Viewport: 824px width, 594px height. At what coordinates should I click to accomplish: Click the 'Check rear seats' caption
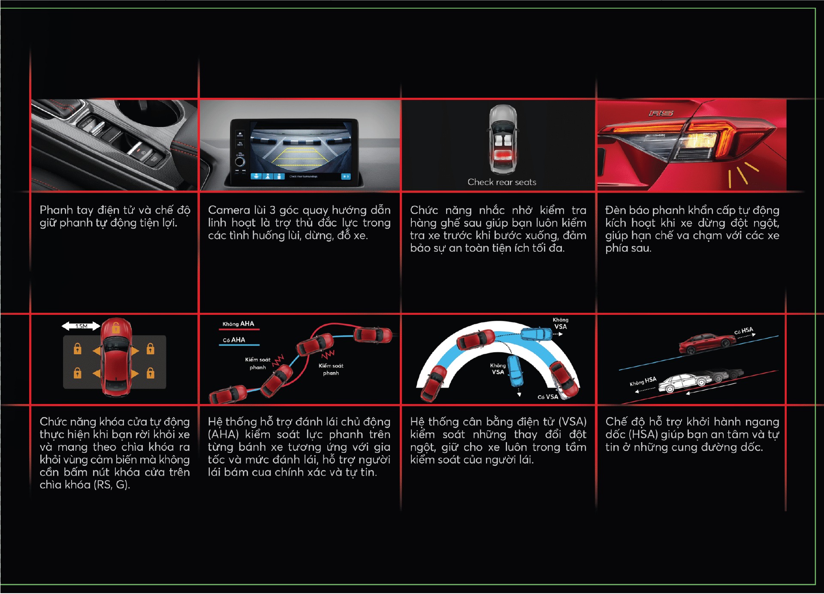[x=502, y=182]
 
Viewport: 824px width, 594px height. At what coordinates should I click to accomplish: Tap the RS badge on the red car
[x=661, y=113]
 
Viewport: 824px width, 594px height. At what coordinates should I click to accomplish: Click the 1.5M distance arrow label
[x=81, y=326]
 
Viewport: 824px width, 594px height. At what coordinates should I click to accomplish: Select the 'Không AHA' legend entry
[x=238, y=324]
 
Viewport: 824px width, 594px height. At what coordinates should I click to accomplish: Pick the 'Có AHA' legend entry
[x=234, y=340]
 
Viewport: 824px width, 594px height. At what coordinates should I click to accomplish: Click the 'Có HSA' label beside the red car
[x=743, y=331]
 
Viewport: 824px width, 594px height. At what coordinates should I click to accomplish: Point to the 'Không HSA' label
[x=643, y=381]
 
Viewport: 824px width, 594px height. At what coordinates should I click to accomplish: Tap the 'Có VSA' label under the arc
[x=548, y=397]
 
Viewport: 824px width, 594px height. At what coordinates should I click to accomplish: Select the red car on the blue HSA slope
[x=707, y=344]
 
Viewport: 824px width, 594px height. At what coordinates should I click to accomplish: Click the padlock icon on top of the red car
[x=116, y=329]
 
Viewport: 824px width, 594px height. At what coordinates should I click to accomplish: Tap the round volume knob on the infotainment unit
[x=240, y=162]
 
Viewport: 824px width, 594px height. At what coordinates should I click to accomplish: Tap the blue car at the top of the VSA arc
[x=536, y=334]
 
